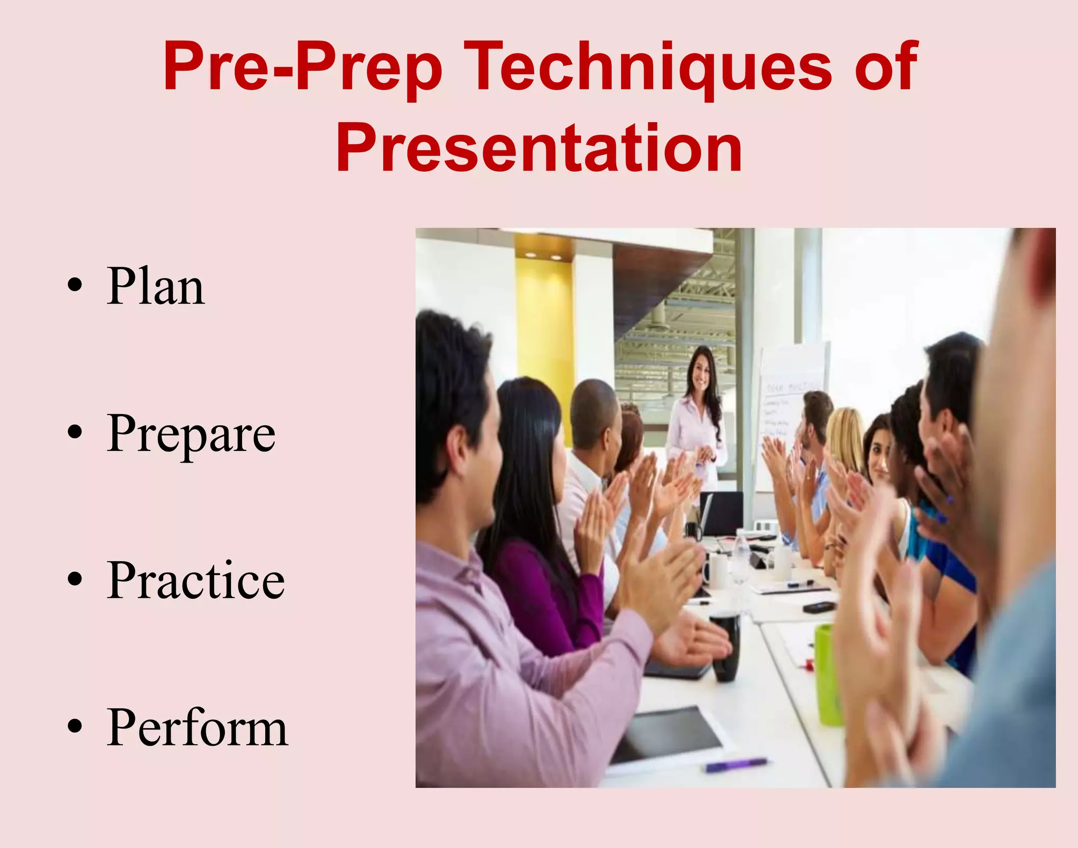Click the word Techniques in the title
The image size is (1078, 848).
[648, 67]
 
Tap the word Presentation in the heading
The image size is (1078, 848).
[539, 148]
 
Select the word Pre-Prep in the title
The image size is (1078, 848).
[303, 67]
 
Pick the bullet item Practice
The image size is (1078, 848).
[195, 580]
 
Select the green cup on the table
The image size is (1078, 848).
[828, 674]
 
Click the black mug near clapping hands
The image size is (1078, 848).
[725, 645]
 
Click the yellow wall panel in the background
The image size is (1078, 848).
[545, 327]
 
